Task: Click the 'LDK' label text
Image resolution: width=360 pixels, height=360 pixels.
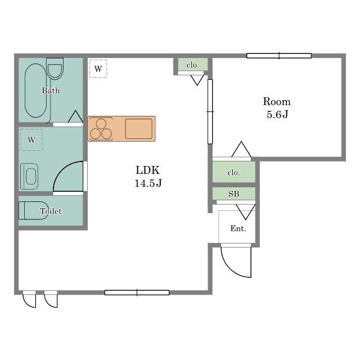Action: point(147,170)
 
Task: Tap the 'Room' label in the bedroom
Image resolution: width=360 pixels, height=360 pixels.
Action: point(277,102)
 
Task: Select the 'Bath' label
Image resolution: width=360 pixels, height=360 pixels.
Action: point(51,91)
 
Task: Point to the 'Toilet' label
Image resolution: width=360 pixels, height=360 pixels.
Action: point(51,211)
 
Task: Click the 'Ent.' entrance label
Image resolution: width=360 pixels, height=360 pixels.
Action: point(238,228)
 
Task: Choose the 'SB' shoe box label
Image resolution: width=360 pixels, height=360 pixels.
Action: point(234,194)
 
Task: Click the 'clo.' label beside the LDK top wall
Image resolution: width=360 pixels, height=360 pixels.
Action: point(192,65)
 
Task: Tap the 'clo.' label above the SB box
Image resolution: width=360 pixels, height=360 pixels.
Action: point(233,173)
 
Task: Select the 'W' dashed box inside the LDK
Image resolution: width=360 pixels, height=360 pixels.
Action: point(98,69)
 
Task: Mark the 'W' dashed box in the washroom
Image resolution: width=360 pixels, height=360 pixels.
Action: point(31,139)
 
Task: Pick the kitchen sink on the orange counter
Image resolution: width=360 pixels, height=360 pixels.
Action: point(139,129)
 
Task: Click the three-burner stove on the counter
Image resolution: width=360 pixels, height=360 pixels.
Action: point(101,129)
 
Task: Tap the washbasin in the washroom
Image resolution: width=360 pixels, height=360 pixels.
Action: point(29,176)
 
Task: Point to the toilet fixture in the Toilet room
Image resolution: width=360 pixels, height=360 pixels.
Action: point(33,210)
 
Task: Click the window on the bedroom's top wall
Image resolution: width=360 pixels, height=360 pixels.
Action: point(279,56)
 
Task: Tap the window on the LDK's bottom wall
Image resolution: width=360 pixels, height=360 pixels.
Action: point(137,292)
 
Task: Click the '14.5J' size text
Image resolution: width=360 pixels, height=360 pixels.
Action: point(148,183)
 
